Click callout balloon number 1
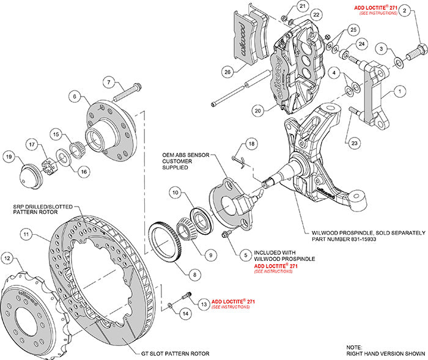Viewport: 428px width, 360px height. click(400, 93)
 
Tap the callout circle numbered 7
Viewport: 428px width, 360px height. click(108, 83)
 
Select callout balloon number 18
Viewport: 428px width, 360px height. click(250, 143)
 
